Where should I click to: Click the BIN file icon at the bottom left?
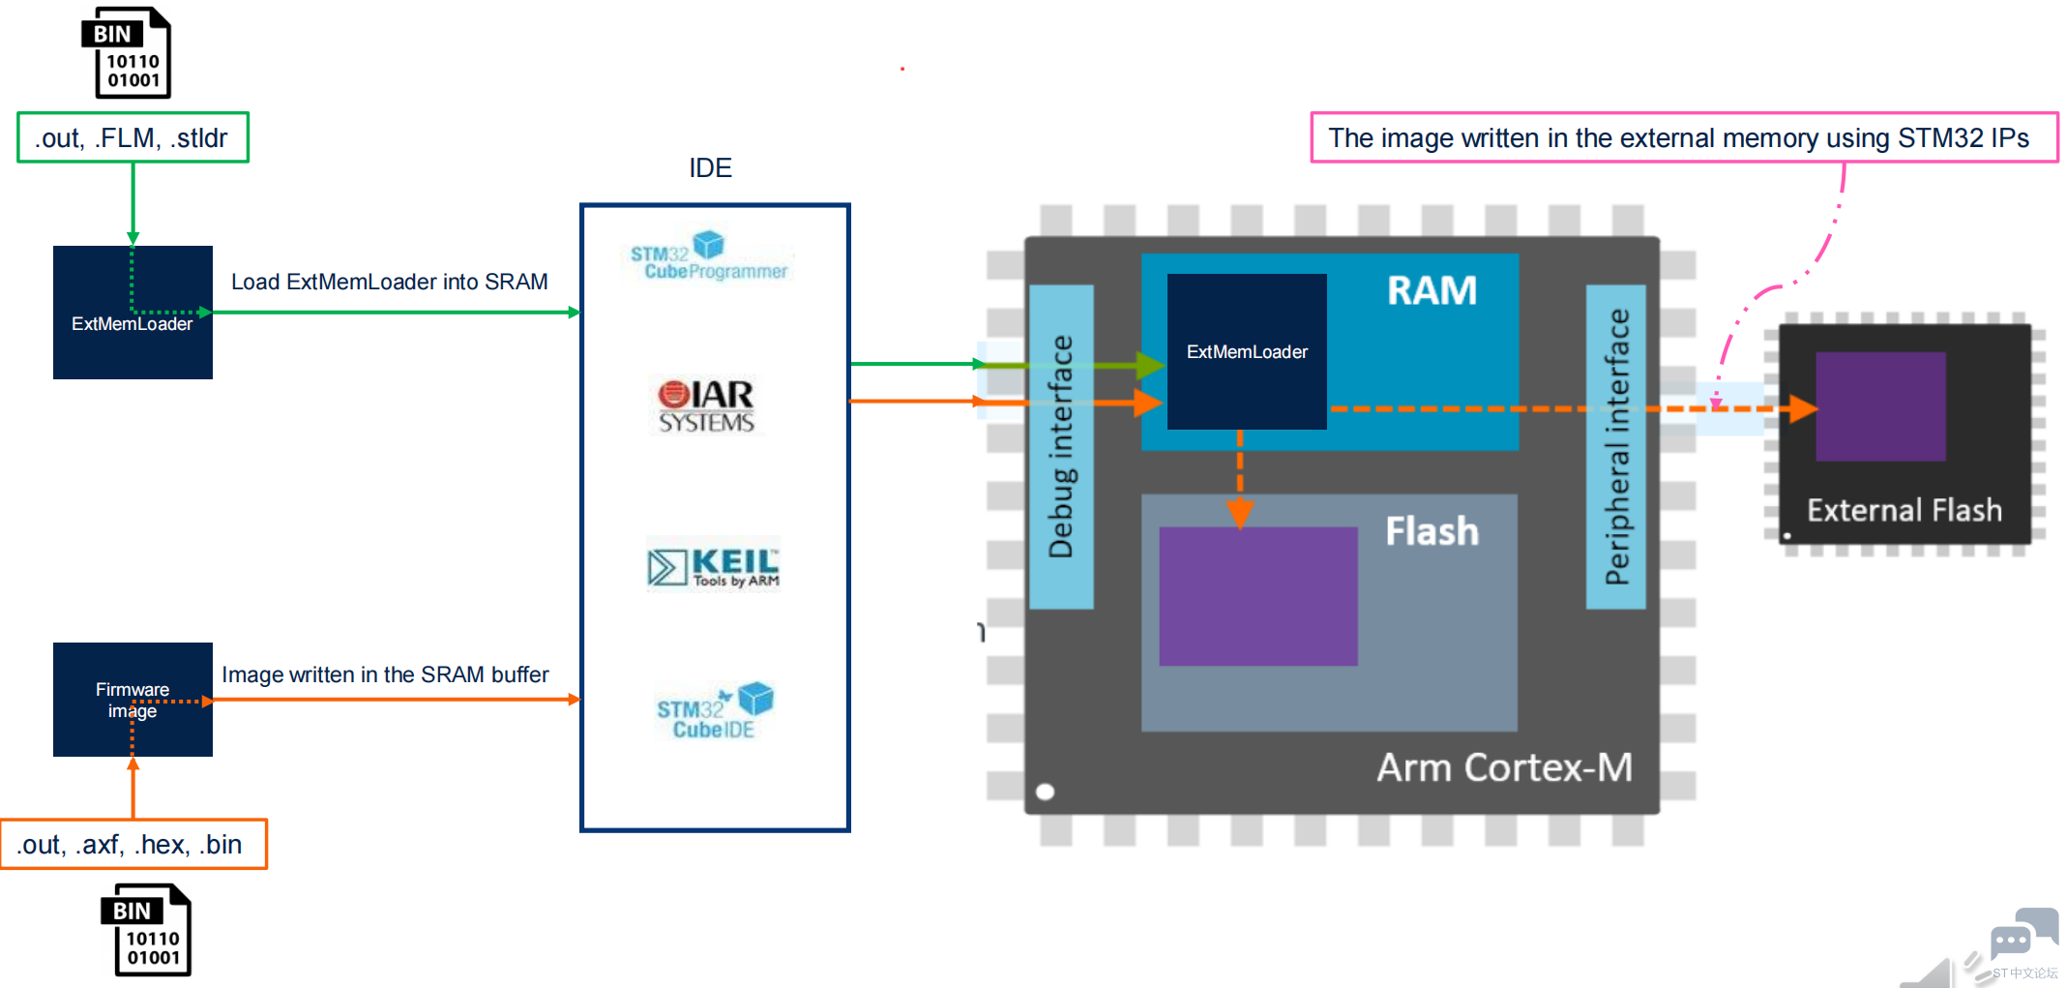[146, 930]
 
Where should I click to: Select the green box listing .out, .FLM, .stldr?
[133, 137]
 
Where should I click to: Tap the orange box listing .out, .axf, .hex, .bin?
[133, 845]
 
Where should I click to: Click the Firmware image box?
[133, 700]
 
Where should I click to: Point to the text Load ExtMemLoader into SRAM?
[389, 282]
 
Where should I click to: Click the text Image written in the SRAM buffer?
[385, 674]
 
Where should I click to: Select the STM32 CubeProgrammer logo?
[709, 257]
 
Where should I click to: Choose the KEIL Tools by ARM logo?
[714, 564]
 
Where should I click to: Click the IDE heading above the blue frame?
[710, 167]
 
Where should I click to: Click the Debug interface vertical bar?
[1061, 446]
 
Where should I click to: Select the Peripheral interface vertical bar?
[1616, 446]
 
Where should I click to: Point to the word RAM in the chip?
[1432, 290]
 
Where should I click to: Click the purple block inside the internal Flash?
[1257, 596]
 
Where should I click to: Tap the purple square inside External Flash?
[1880, 406]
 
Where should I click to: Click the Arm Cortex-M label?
[1504, 767]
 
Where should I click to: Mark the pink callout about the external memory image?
[1683, 137]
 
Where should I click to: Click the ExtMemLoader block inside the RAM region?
[1247, 351]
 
